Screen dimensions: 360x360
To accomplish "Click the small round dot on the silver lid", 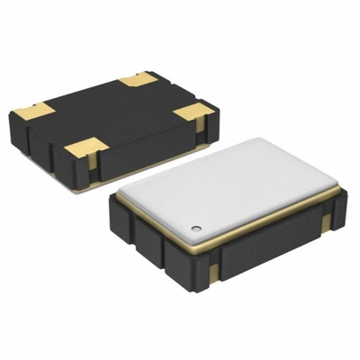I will click(x=195, y=220).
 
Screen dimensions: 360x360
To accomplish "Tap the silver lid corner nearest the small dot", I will click(x=185, y=227).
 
